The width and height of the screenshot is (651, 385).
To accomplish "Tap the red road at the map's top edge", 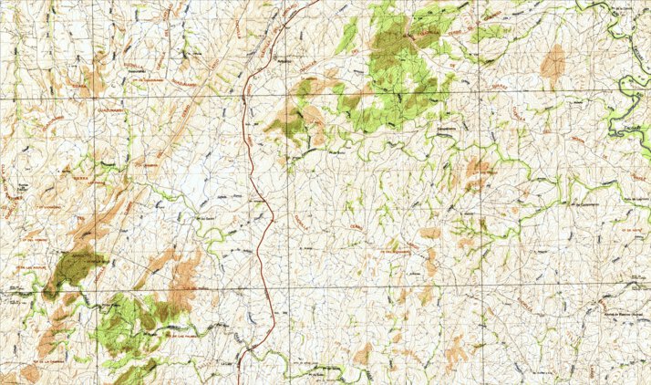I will point(316,2).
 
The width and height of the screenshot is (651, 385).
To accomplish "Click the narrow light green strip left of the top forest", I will point(349,34).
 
